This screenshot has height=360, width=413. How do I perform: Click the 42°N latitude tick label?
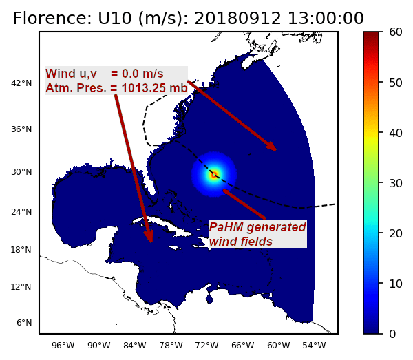pyautogui.click(x=21, y=83)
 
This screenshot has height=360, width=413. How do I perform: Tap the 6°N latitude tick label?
pyautogui.click(x=24, y=323)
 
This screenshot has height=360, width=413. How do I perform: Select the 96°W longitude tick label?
pyautogui.click(x=63, y=346)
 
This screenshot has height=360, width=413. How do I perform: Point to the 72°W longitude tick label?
pyautogui.click(x=206, y=346)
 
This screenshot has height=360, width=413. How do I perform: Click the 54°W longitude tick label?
pyautogui.click(x=315, y=346)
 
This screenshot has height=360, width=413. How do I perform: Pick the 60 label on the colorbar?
pyautogui.click(x=396, y=32)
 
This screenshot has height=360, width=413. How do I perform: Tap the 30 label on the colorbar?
pyautogui.click(x=396, y=183)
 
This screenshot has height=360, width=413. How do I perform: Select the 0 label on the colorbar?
pyautogui.click(x=392, y=334)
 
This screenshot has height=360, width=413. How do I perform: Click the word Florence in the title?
pyautogui.click(x=52, y=19)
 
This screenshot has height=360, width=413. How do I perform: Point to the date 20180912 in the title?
pyautogui.click(x=237, y=19)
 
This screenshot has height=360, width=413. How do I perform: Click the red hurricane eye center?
pyautogui.click(x=214, y=174)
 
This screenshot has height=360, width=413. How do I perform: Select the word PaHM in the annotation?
pyautogui.click(x=226, y=227)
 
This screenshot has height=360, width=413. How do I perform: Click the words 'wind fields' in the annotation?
pyautogui.click(x=241, y=242)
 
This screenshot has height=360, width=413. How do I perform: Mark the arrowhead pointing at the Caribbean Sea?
pyautogui.click(x=149, y=236)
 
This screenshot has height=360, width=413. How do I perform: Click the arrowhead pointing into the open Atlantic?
pyautogui.click(x=272, y=146)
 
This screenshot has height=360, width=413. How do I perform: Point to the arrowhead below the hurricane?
pyautogui.click(x=226, y=192)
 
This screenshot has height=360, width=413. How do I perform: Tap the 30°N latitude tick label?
pyautogui.click(x=21, y=172)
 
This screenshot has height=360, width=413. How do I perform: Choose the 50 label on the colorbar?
pyautogui.click(x=396, y=83)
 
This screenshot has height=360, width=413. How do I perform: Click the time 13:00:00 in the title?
pyautogui.click(x=326, y=19)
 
